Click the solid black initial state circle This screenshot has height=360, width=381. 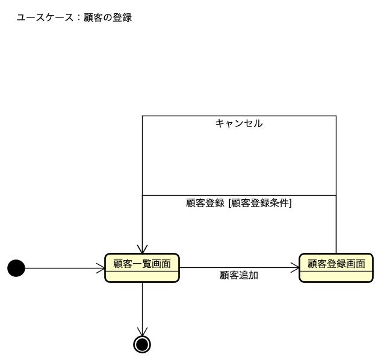coord(16,268)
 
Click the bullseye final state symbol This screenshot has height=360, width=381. coord(142,344)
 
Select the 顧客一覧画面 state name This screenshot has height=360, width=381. coord(142,263)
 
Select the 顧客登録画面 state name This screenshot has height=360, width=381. coord(336,263)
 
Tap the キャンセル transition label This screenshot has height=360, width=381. coord(239,123)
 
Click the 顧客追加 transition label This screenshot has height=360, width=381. coord(239,275)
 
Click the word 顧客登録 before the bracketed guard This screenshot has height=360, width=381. coord(205,203)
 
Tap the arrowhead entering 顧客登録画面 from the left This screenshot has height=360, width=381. coord(295,268)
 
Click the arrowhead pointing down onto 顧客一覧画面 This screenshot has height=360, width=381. coord(142,249)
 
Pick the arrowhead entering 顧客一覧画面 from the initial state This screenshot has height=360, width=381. coord(101,268)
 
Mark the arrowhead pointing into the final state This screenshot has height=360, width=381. coord(142,332)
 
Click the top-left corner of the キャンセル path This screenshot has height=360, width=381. coord(142,116)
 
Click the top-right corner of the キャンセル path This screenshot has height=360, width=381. coord(336,116)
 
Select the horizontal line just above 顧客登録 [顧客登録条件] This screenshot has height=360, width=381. coord(239,195)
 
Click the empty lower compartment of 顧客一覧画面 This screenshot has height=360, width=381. coord(142,276)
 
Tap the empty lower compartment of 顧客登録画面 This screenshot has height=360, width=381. coord(336,276)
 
